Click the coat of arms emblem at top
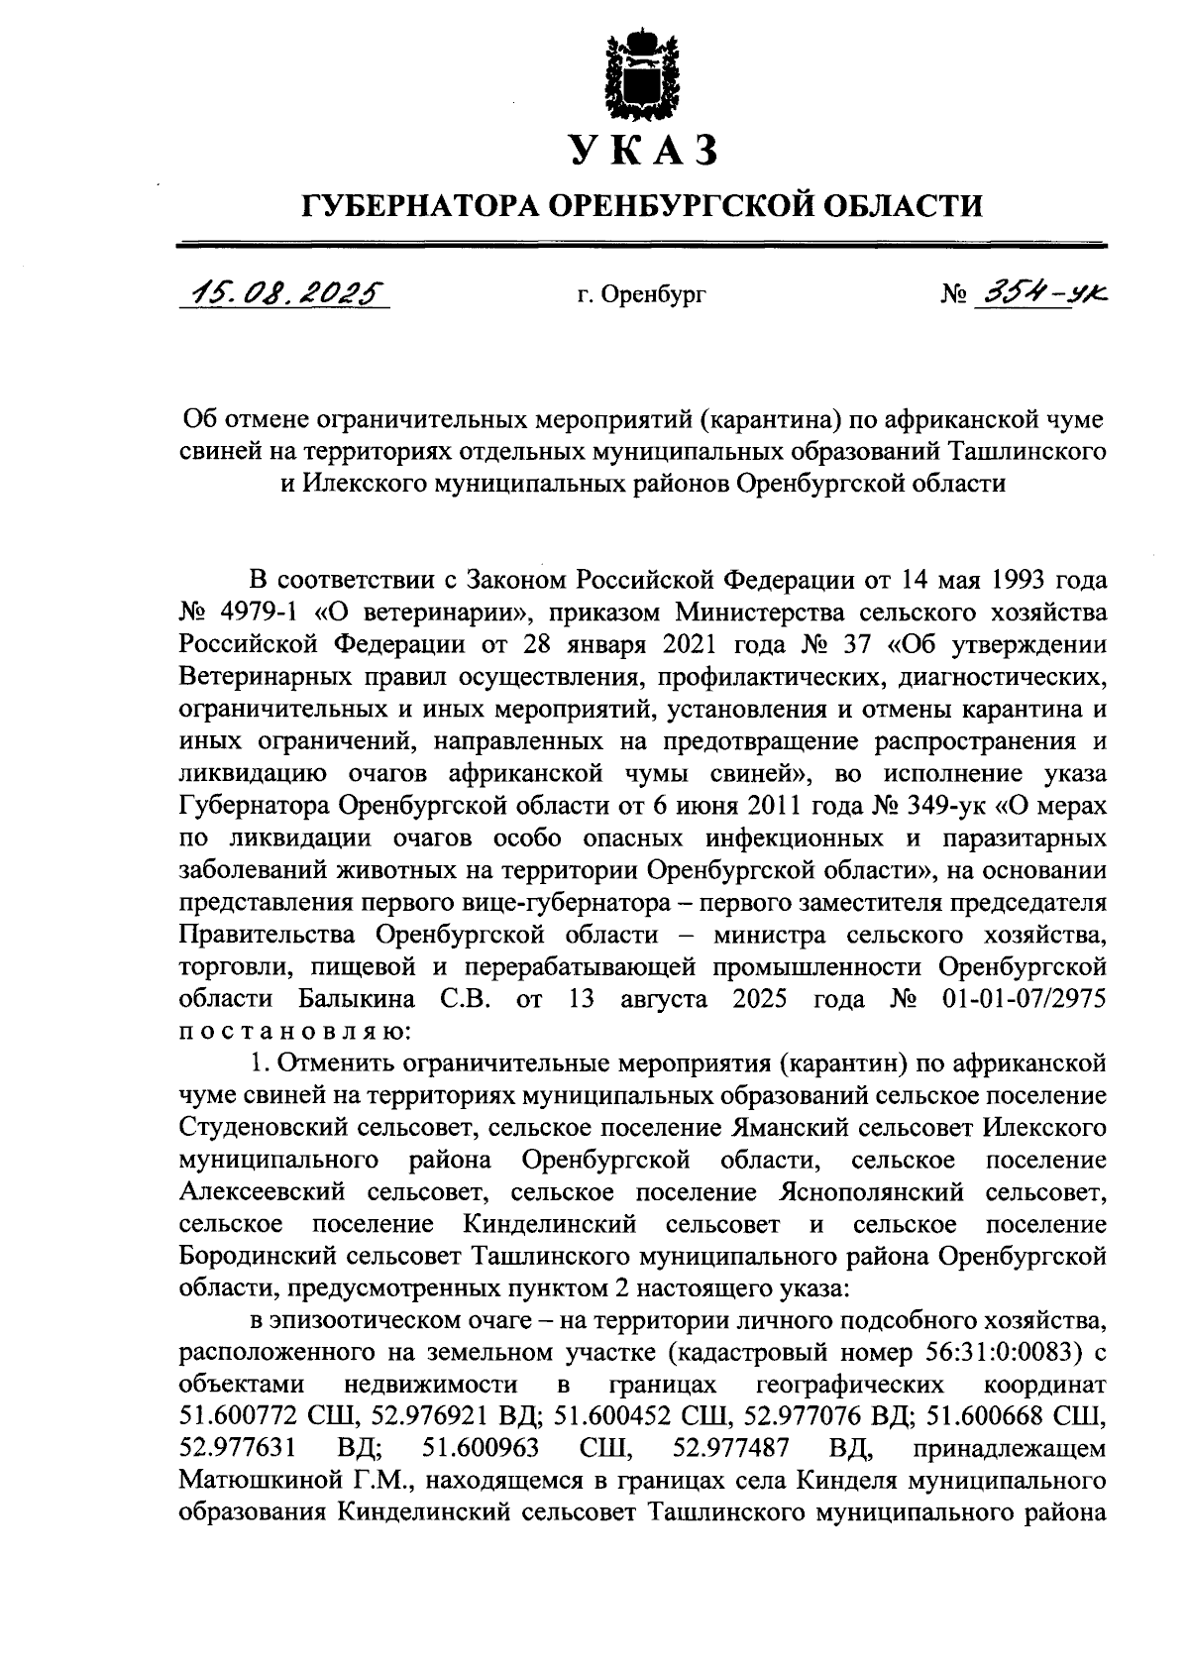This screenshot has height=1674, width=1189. [x=643, y=75]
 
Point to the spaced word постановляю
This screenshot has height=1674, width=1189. [x=293, y=1030]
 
